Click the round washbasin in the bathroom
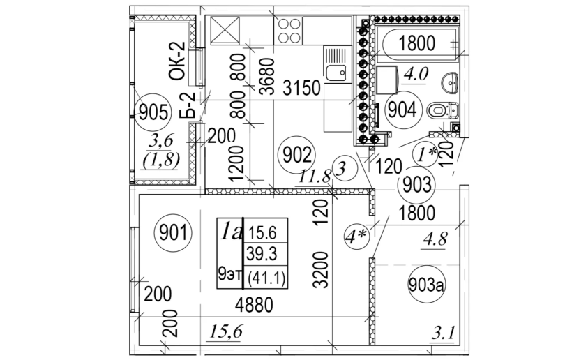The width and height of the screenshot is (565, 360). (451, 84)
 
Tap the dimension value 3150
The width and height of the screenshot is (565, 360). (301, 88)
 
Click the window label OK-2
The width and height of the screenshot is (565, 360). (178, 61)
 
